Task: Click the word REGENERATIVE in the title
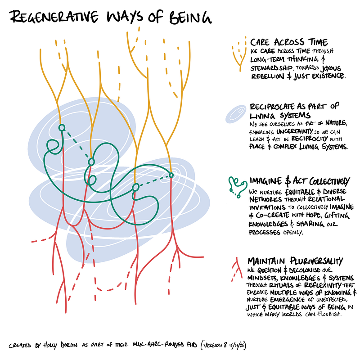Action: [54, 17]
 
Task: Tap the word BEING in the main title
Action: [190, 18]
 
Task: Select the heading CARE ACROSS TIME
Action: [289, 42]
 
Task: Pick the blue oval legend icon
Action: [236, 114]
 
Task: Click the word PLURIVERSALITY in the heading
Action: [316, 261]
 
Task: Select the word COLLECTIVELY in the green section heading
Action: [329, 182]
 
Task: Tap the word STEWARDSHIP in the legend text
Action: [271, 68]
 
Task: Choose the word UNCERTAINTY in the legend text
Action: [294, 131]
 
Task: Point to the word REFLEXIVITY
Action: [323, 285]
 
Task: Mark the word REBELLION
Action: [268, 76]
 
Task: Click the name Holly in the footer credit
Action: [50, 345]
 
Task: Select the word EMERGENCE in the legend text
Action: [288, 300]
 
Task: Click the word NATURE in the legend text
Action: [335, 123]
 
